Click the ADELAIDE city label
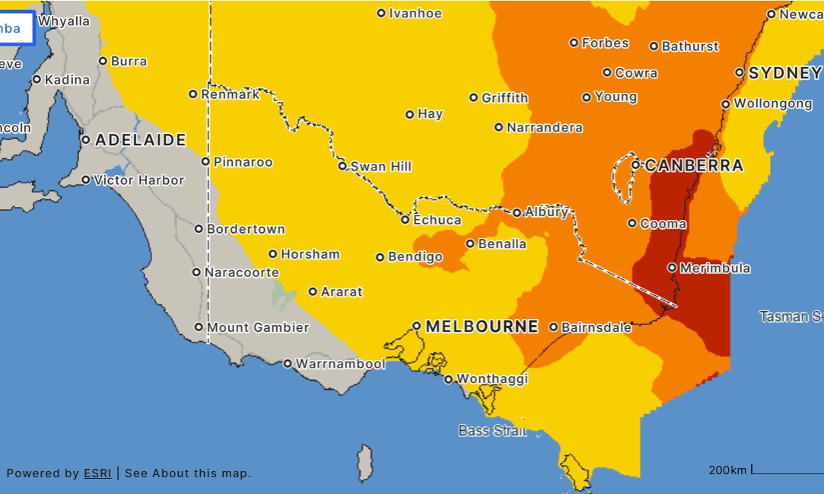[x=140, y=140]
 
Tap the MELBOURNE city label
[x=482, y=327]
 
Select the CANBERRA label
[x=694, y=165]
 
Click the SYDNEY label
[x=784, y=73]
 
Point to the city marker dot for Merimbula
[x=672, y=268]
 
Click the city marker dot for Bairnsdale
[x=553, y=327]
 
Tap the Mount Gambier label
[x=258, y=327]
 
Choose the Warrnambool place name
[x=340, y=364]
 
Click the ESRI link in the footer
[x=97, y=473]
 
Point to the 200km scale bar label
[x=727, y=470]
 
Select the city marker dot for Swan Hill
[x=342, y=166]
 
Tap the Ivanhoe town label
[x=415, y=13]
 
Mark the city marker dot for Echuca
[x=405, y=219]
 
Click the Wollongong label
[x=772, y=104]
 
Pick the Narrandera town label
[x=544, y=128]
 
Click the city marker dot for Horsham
[x=273, y=254]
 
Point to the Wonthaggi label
[x=492, y=379]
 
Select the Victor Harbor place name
[x=138, y=180]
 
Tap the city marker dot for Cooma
[x=632, y=223]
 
